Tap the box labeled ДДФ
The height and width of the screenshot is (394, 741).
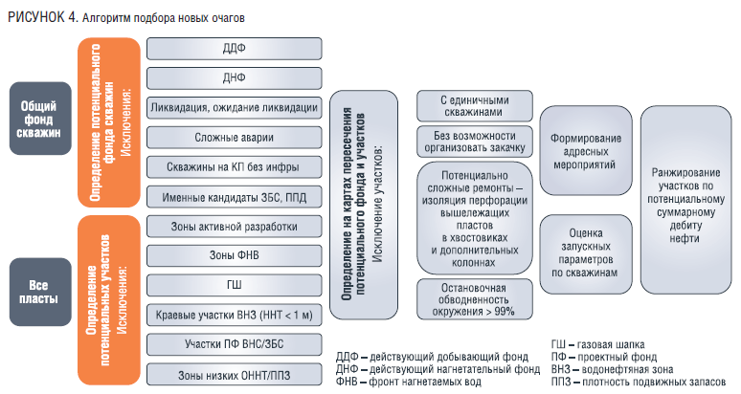[234, 48]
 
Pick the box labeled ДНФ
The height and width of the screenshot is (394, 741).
[234, 77]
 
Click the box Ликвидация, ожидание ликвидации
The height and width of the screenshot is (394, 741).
[234, 107]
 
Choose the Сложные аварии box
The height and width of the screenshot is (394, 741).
[234, 137]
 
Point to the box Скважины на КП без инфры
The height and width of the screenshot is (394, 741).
[234, 166]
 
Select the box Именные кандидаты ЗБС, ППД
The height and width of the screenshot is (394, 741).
[234, 196]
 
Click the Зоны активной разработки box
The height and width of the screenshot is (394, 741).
[234, 227]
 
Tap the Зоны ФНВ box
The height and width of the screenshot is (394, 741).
[234, 255]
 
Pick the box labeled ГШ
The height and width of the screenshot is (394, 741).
[234, 285]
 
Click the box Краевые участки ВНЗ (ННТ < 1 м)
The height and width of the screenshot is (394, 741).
[234, 315]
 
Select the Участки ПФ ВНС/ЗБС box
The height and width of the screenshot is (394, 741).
[234, 344]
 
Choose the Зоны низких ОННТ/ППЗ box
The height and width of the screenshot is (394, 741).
[234, 374]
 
